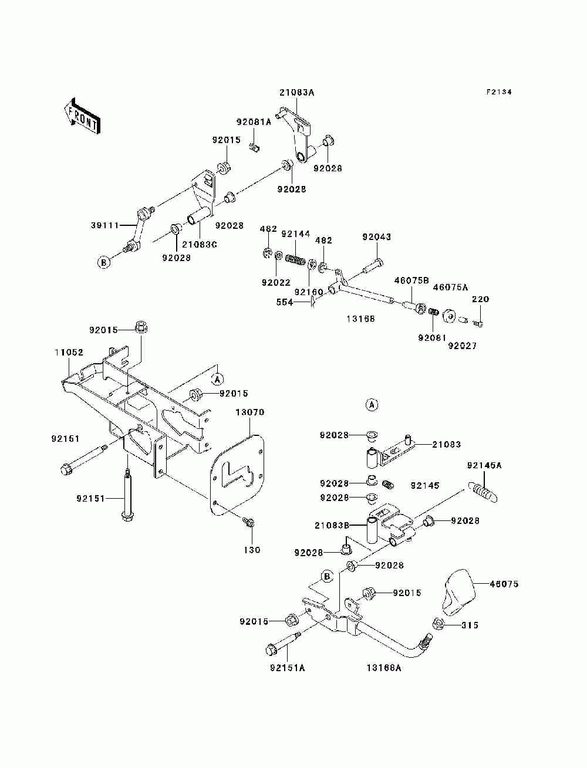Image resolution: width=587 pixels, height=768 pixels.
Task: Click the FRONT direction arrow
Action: point(82,116)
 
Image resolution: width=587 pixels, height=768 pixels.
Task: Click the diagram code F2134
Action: point(498,92)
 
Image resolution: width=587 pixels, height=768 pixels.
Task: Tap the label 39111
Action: point(105,225)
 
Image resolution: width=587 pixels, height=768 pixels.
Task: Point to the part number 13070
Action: point(249,412)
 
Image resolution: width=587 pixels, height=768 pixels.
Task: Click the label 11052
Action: point(69,352)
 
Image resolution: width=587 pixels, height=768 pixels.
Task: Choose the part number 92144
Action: point(296,234)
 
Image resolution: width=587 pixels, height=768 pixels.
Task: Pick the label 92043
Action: point(377,237)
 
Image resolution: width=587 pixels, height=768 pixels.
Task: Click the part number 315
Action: point(470,625)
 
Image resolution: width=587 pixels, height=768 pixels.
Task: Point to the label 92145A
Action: point(484,465)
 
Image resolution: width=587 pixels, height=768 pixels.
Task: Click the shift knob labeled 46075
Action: point(459,591)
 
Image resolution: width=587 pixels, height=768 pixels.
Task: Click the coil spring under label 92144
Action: point(295,260)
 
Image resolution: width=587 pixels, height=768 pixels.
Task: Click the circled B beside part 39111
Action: point(104,262)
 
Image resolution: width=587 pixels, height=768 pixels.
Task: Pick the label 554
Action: point(284,302)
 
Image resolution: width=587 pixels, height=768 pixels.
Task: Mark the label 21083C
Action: point(199,244)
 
